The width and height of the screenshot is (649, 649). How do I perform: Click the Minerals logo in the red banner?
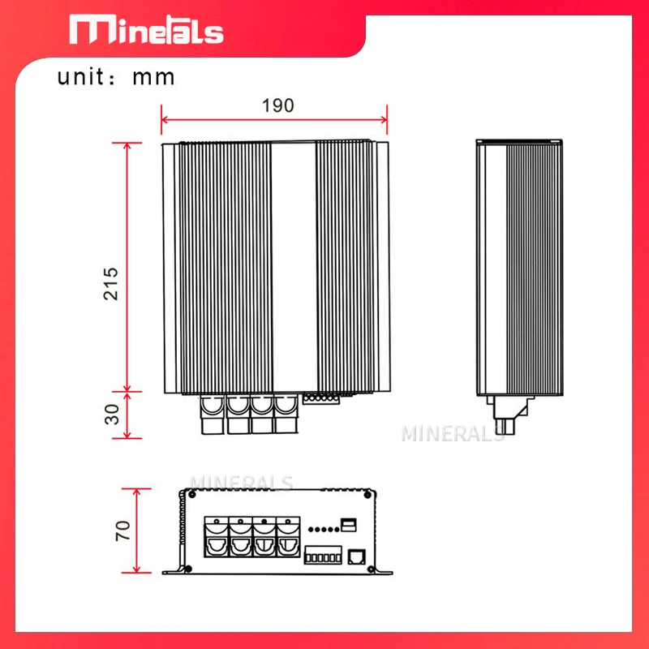146,31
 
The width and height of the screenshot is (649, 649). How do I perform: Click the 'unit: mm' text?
116,77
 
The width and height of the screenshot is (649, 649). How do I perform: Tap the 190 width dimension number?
277,105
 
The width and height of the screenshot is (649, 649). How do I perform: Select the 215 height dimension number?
111,283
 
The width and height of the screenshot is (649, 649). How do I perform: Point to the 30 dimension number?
111,414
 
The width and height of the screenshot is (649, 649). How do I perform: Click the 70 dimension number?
122,531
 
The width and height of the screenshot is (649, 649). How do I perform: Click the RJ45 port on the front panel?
356,557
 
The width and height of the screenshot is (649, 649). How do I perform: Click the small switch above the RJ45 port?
349,524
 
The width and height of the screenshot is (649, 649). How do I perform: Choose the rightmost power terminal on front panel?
286,536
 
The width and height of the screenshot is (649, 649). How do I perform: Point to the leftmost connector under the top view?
212,413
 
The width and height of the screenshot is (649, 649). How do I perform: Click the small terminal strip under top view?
318,398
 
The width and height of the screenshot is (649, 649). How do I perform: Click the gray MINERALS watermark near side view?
453,433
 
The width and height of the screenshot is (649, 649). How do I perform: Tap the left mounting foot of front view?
173,569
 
